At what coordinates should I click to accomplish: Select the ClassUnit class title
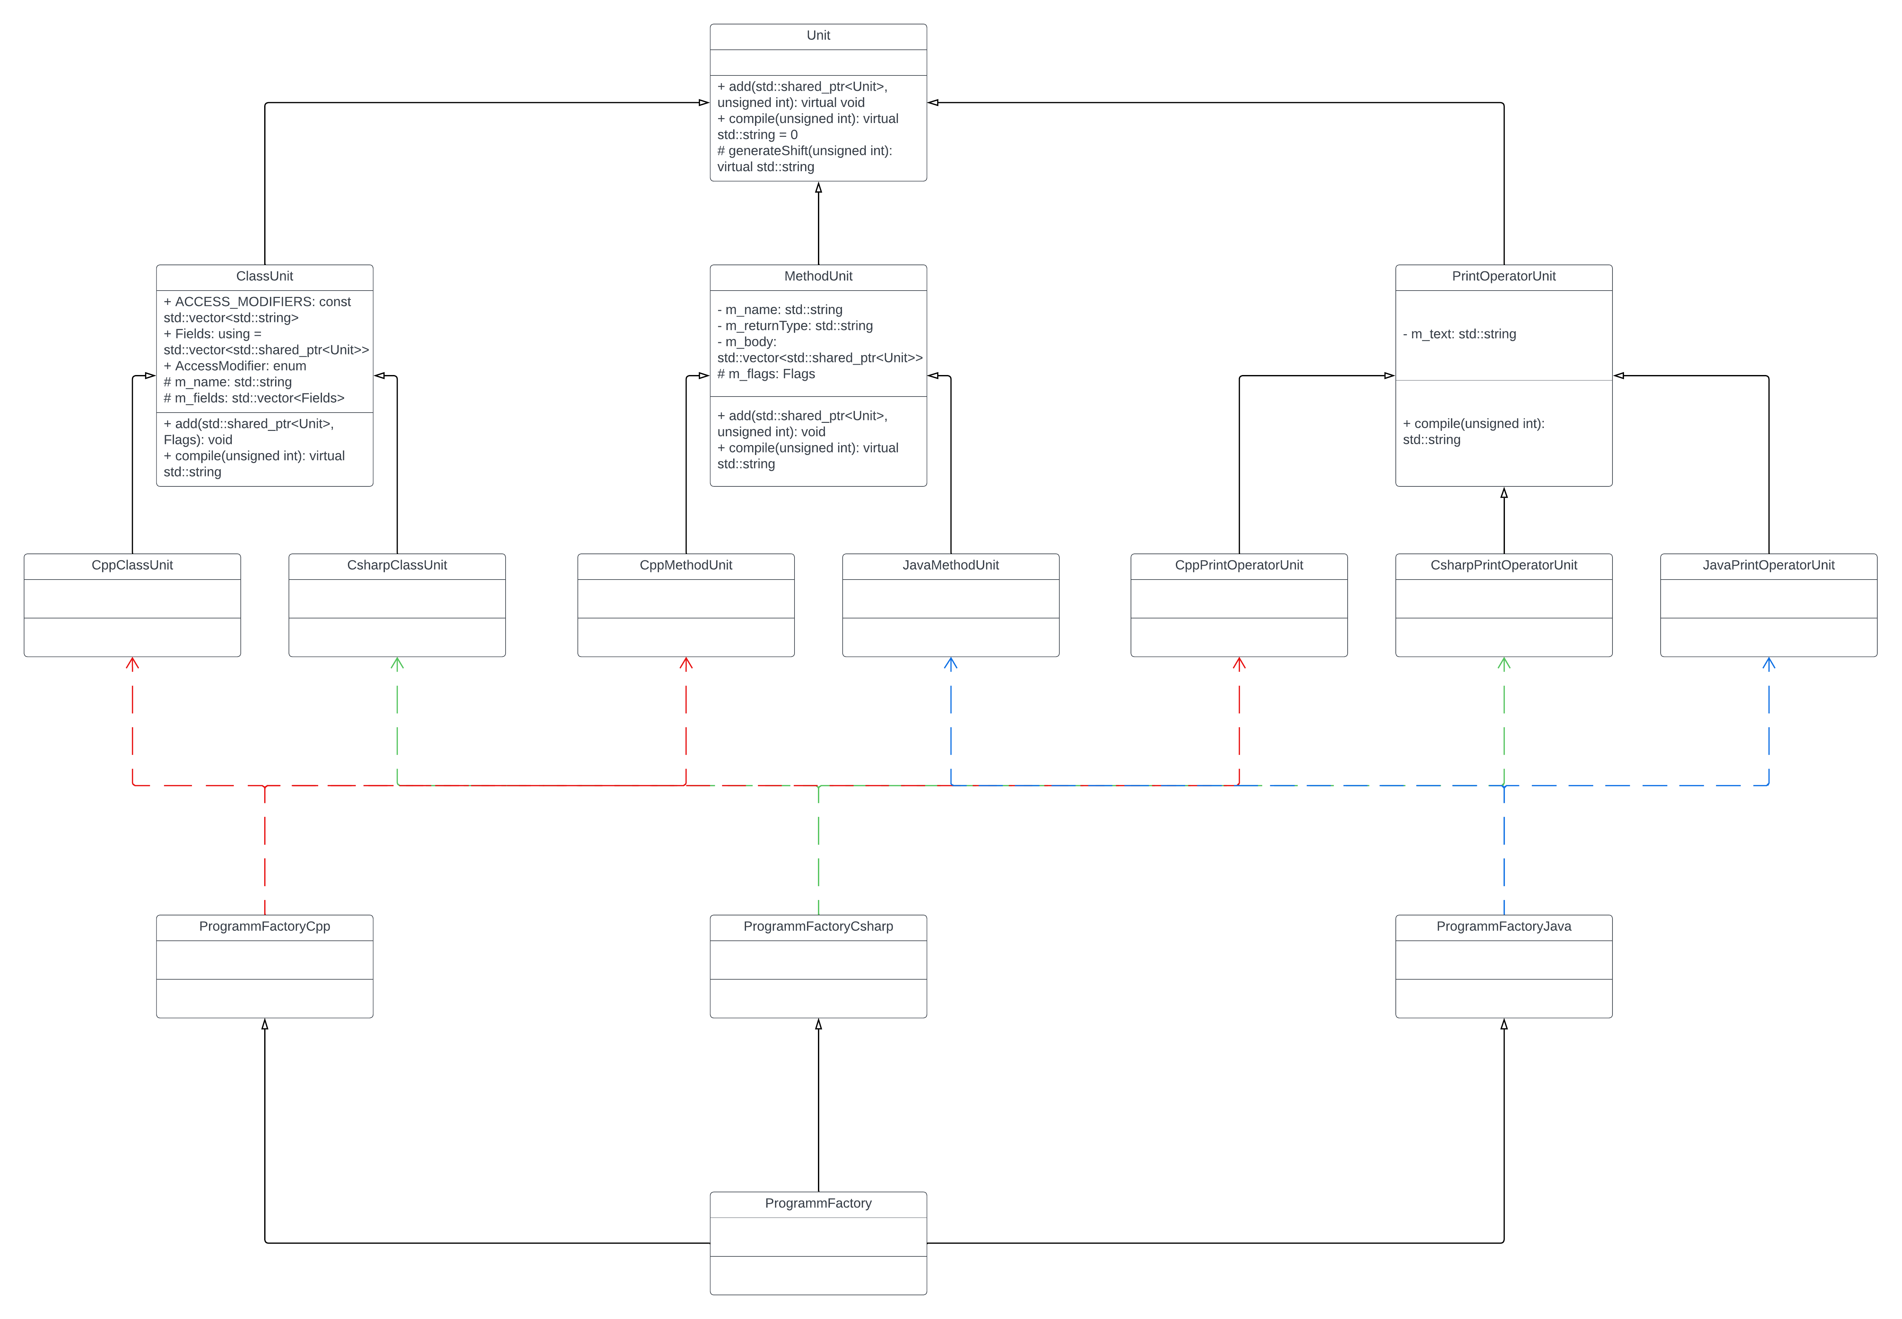265,276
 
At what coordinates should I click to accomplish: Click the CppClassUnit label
132,565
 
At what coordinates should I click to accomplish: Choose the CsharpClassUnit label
396,565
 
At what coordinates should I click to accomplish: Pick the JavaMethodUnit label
950,565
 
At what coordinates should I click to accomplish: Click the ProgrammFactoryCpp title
265,926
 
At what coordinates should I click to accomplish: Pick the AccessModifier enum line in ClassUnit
235,366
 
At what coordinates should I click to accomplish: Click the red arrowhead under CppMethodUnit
686,664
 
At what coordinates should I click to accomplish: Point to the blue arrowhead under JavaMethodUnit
950,664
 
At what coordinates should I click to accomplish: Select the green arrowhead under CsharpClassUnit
396,664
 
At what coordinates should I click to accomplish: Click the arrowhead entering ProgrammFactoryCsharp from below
818,1025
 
